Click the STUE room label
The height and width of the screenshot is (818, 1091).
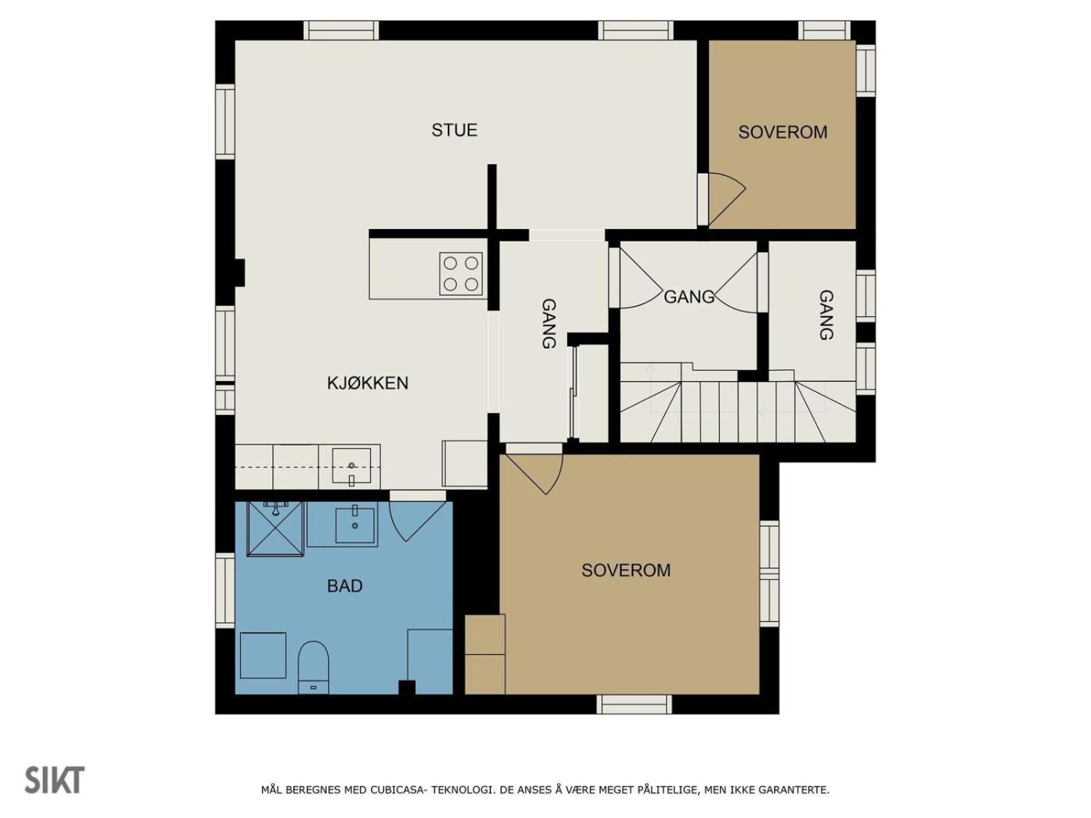coord(454,130)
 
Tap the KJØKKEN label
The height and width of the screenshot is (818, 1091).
coord(368,383)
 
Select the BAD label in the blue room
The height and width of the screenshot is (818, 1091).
coord(344,586)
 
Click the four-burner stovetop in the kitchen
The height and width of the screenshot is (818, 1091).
coord(461,273)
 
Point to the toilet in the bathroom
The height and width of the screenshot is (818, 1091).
coord(313,667)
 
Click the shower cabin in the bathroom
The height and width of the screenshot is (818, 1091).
coord(275,528)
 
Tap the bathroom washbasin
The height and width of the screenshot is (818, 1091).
coord(355,524)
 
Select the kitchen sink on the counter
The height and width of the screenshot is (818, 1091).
coord(351,466)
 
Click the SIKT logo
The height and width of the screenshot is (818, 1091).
coord(55,780)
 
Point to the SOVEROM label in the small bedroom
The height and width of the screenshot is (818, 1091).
coord(782,132)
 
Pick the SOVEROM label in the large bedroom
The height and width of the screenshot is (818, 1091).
coord(626,570)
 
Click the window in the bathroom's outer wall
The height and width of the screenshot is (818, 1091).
coord(225,590)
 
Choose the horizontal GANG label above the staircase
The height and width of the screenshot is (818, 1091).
coord(689,297)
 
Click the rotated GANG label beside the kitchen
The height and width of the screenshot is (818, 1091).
coord(548,323)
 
